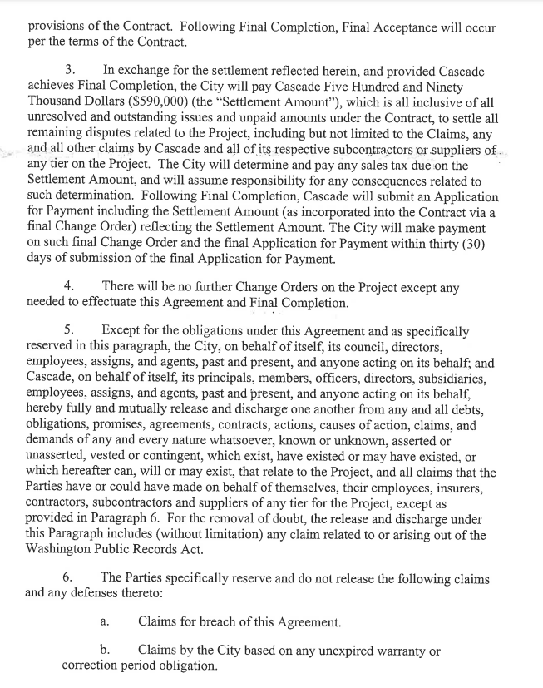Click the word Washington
pos(64,536)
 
